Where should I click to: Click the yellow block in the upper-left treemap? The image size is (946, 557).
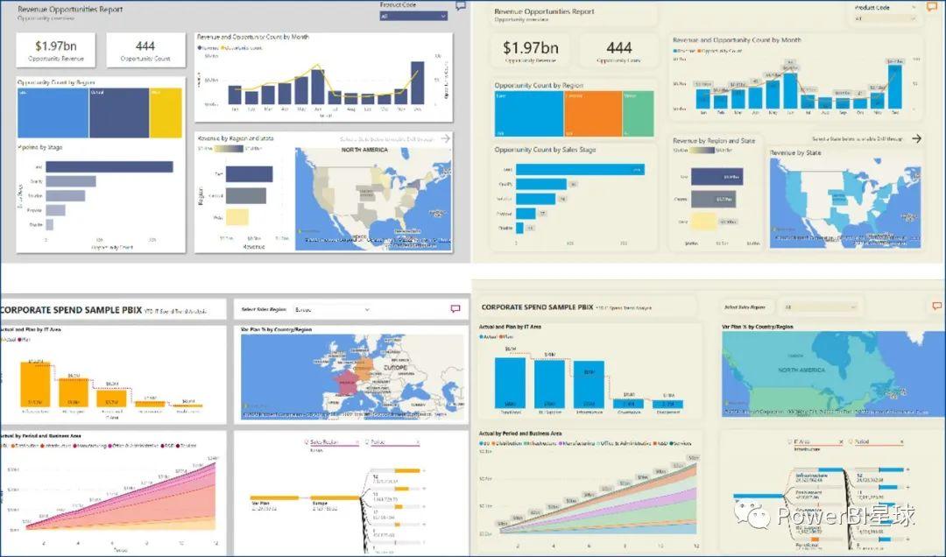(166, 112)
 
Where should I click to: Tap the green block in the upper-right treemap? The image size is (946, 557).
(637, 113)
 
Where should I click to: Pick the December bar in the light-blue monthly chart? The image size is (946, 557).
(893, 87)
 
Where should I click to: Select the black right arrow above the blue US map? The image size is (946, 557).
(916, 138)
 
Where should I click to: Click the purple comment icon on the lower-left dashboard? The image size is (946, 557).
(455, 309)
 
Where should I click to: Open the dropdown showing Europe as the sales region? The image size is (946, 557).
(331, 309)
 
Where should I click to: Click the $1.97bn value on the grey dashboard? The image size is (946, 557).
(55, 46)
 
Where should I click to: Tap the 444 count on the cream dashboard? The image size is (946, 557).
(618, 48)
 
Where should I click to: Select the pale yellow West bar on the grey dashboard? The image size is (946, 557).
(230, 217)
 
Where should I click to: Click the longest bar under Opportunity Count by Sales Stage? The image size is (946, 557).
(580, 169)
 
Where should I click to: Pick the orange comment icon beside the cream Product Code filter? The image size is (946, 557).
(932, 7)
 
